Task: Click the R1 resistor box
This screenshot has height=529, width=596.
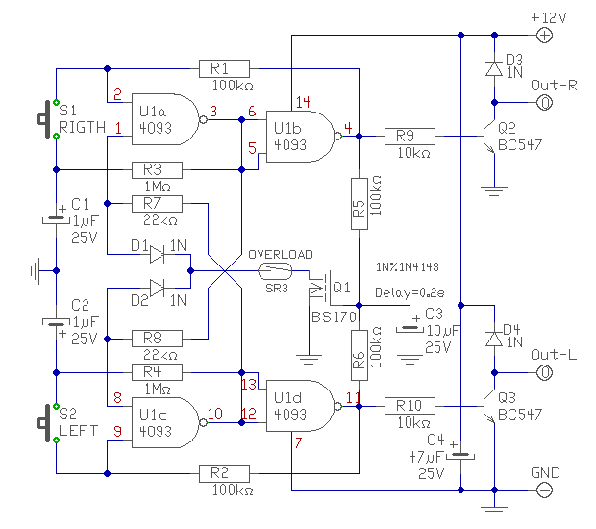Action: pyautogui.click(x=224, y=69)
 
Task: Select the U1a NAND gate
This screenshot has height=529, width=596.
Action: pyautogui.click(x=165, y=119)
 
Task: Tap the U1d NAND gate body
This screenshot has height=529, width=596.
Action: pyautogui.click(x=300, y=406)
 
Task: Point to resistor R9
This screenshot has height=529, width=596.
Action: pyautogui.click(x=410, y=137)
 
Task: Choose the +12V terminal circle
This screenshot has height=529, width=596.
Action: pyautogui.click(x=544, y=36)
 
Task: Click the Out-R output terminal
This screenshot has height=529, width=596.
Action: pyautogui.click(x=544, y=103)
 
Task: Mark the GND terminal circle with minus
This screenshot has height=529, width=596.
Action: pyautogui.click(x=544, y=490)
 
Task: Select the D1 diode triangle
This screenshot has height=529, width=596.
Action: pyautogui.click(x=157, y=255)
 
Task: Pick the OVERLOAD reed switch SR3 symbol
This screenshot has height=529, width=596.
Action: pyautogui.click(x=275, y=271)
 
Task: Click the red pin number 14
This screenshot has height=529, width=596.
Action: pyautogui.click(x=304, y=102)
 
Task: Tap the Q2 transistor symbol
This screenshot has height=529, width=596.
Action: pyautogui.click(x=489, y=137)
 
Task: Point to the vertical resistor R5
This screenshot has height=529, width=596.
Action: pyautogui.click(x=360, y=204)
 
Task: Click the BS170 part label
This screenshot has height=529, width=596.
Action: pyautogui.click(x=334, y=316)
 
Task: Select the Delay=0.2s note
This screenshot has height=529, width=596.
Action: pyautogui.click(x=410, y=292)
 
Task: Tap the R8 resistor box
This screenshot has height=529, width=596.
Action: pyautogui.click(x=157, y=339)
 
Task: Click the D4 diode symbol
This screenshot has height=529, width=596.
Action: pyautogui.click(x=494, y=339)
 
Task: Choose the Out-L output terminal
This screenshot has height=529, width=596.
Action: pyautogui.click(x=544, y=372)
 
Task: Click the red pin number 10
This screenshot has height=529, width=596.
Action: pyautogui.click(x=215, y=414)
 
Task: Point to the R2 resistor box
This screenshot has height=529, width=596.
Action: pyautogui.click(x=224, y=473)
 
